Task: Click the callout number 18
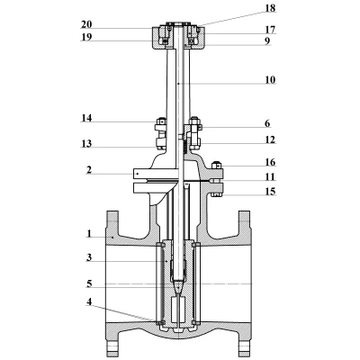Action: tap(270, 8)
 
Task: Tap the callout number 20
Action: tap(86, 24)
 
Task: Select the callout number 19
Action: tap(86, 37)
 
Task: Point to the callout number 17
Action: tap(270, 30)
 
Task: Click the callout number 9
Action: tap(267, 40)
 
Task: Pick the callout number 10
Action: tap(270, 80)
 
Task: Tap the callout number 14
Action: tap(86, 118)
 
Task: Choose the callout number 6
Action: tap(267, 123)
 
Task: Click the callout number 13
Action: tap(86, 144)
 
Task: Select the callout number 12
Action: tap(270, 139)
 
